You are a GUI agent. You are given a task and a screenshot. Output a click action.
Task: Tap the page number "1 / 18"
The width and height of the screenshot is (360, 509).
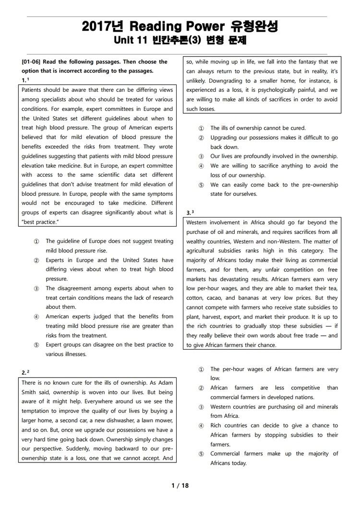[x=180, y=485]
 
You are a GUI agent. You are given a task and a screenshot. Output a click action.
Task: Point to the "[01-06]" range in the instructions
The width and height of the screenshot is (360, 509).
[x=32, y=62]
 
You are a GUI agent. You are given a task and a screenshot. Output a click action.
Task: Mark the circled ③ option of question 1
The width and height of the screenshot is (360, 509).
[x=36, y=289]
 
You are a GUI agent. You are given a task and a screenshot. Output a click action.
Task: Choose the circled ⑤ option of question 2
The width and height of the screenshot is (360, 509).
[x=201, y=185]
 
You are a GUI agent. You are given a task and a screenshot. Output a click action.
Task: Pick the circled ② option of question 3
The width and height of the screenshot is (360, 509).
[x=201, y=388]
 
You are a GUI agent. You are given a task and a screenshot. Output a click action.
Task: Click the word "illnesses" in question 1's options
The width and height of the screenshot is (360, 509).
[x=72, y=354]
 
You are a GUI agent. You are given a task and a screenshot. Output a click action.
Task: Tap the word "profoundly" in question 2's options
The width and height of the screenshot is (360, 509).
[x=261, y=157]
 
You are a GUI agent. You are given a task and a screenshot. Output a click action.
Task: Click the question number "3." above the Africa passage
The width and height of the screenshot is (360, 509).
[x=189, y=212]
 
